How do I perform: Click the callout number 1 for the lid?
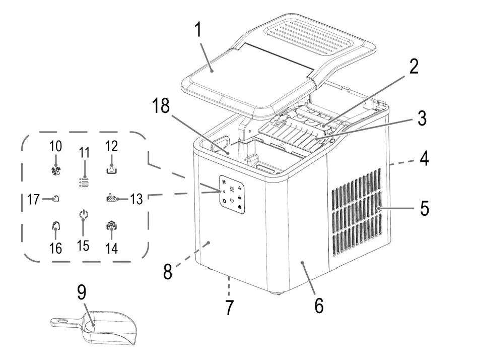point(198,31)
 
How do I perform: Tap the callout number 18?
point(161,106)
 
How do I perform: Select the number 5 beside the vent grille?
point(425,208)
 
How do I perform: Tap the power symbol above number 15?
point(83,215)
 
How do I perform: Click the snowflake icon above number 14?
point(112,226)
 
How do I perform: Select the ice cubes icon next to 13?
point(111,198)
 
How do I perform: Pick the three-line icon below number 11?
point(84,182)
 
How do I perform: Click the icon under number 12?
point(112,169)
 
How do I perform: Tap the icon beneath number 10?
point(56,171)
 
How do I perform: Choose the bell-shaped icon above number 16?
point(56,226)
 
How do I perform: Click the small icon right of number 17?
point(56,199)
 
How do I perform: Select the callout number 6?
point(318,306)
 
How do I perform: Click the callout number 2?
point(414,67)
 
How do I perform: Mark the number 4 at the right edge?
point(425,158)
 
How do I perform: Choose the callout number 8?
point(168,272)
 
